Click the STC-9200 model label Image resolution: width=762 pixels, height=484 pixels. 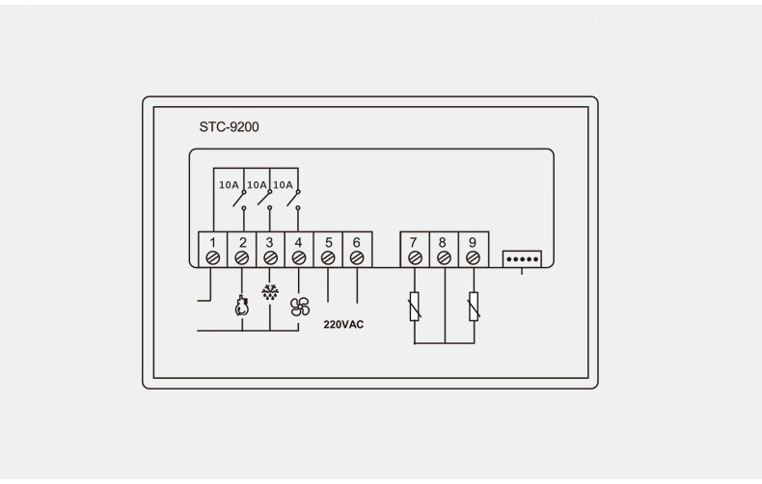coord(229,127)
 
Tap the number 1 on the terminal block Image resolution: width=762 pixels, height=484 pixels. coord(212,242)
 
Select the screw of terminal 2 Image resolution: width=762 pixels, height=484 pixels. coord(241,258)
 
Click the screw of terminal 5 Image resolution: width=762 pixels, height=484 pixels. coord(328,258)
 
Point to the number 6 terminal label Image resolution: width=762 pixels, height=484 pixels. coord(356,242)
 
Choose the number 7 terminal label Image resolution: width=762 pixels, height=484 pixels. coord(413,242)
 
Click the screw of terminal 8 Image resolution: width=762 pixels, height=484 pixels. coord(444,258)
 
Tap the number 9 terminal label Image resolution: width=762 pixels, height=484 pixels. coord(473,242)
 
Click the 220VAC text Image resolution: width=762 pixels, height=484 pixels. coord(343,325)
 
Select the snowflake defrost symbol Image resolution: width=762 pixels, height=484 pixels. coord(270,291)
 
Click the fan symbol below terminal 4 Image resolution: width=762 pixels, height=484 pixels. coord(300,307)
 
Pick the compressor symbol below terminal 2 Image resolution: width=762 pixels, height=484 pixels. coord(241,307)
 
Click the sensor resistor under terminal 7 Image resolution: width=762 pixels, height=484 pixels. coord(415,307)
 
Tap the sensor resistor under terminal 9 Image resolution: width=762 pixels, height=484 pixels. coord(474,307)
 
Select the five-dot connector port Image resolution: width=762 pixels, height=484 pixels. coord(522,259)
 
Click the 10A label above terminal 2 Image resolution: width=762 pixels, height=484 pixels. coord(229,185)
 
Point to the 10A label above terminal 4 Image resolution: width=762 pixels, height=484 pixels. coord(283,185)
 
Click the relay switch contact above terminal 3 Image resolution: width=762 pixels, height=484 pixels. coord(265,199)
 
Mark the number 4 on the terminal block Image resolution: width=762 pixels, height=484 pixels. coord(298,242)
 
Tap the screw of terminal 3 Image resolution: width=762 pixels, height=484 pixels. coord(270,258)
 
